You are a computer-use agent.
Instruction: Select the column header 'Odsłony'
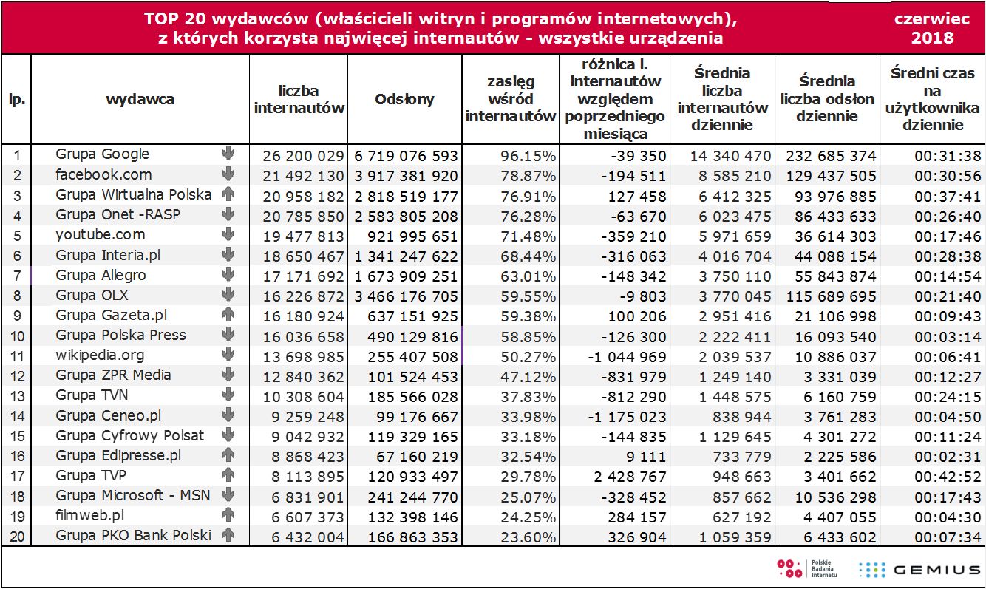[x=404, y=99]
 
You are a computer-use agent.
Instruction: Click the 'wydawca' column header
[x=140, y=99]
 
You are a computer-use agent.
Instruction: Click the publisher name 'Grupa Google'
[x=102, y=154]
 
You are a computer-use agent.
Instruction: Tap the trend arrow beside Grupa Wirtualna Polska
[x=228, y=194]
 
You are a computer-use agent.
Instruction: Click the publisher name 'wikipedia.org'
[x=101, y=355]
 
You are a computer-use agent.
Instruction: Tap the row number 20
[x=16, y=537]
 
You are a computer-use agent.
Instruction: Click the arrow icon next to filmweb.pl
[x=228, y=515]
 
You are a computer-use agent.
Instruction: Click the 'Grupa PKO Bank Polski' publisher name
[x=133, y=535]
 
